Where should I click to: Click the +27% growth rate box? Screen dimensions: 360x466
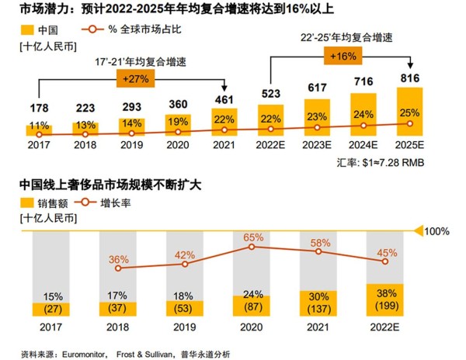[x=134, y=78]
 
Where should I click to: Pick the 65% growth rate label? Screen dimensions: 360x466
[x=252, y=235]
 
